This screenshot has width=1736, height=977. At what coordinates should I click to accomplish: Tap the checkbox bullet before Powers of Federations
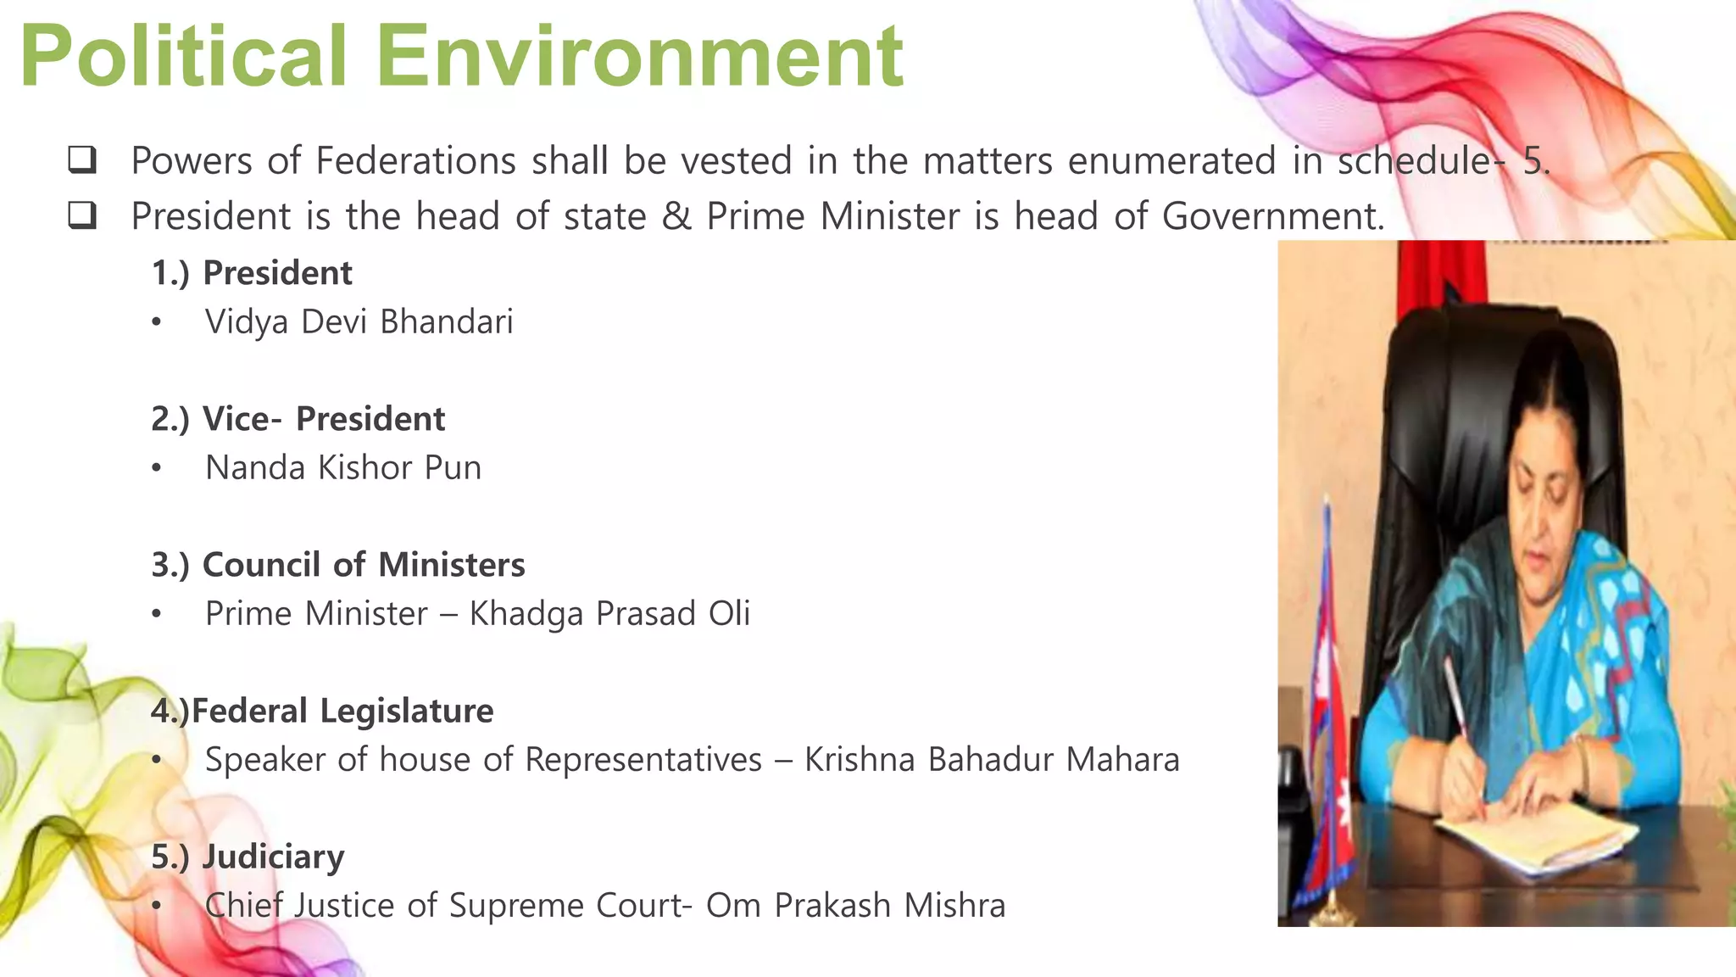82,160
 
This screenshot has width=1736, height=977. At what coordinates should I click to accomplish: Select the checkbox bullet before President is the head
82,216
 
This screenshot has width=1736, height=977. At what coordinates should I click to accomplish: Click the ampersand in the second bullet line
676,216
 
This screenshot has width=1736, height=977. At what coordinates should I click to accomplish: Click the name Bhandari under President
446,322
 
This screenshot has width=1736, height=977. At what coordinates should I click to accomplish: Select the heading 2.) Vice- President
298,419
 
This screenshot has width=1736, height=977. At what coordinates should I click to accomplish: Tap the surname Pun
453,468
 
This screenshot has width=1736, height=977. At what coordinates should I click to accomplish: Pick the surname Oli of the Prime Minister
729,614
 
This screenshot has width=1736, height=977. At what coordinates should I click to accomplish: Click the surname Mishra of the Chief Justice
954,906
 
